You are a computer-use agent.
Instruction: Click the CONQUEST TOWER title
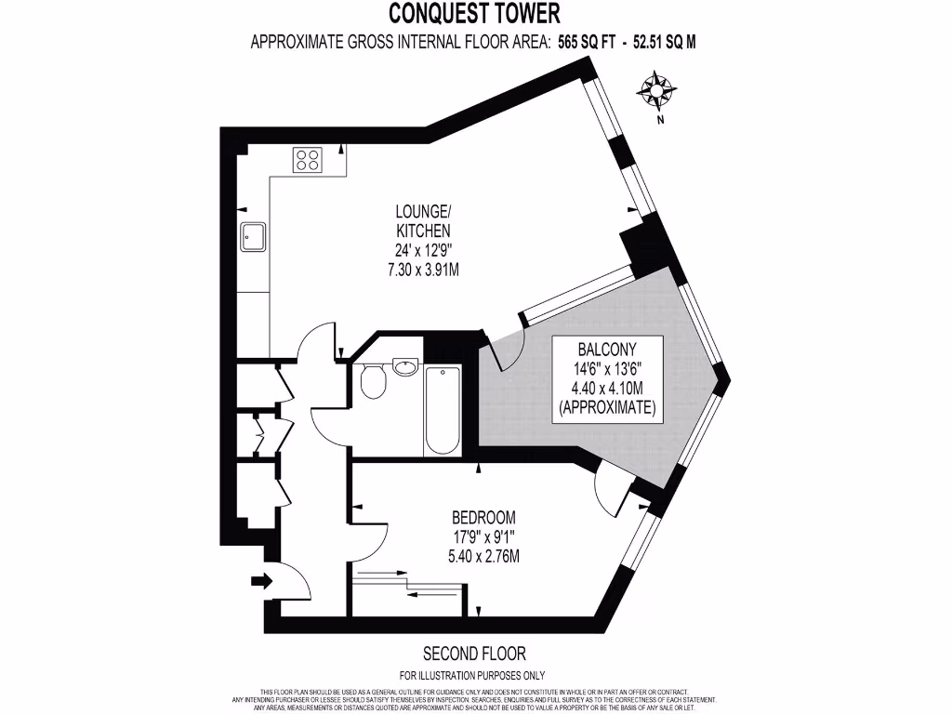[474, 13]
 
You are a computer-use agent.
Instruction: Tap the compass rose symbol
[657, 90]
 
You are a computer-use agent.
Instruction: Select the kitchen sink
[253, 237]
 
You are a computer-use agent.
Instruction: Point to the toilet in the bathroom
[373, 382]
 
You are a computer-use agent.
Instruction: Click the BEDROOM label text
[483, 517]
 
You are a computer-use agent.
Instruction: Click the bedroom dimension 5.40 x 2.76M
[483, 556]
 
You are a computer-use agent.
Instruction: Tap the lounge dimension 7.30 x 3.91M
[423, 270]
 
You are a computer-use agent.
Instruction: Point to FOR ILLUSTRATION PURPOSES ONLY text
[472, 676]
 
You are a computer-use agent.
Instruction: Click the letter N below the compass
[660, 119]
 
